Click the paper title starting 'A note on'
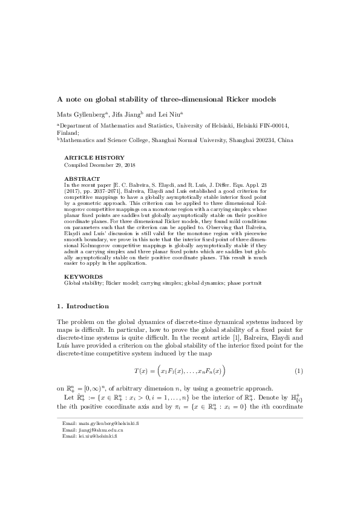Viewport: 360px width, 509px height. point(166,99)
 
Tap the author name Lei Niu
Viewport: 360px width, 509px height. point(177,113)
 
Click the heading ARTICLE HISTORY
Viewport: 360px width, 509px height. point(94,158)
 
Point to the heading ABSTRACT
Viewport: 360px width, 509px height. point(82,179)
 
